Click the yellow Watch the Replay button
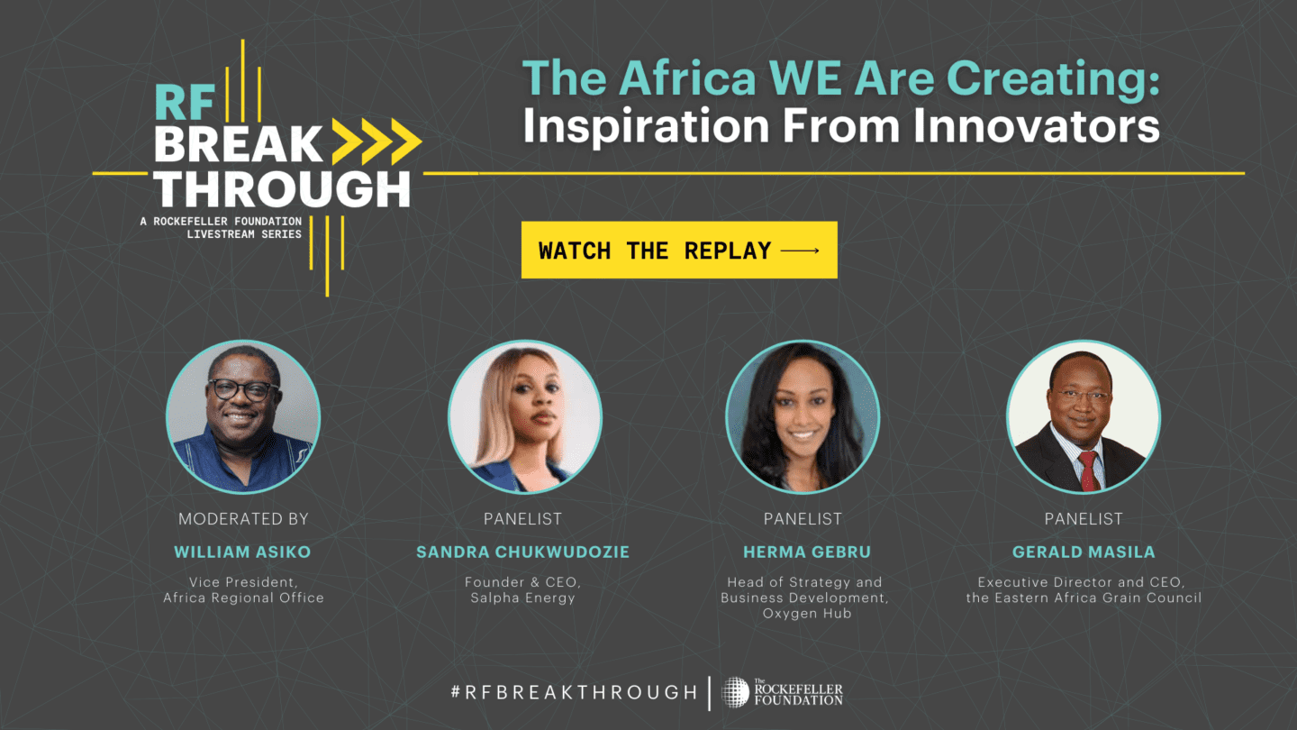pyautogui.click(x=679, y=250)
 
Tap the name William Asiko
pyautogui.click(x=242, y=552)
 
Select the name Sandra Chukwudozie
pyautogui.click(x=522, y=552)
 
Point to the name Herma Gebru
pyautogui.click(x=807, y=552)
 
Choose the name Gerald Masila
pyautogui.click(x=1084, y=552)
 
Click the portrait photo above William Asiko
pyautogui.click(x=243, y=416)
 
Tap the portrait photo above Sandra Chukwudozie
pyautogui.click(x=524, y=416)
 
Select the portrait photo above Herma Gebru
pyautogui.click(x=803, y=416)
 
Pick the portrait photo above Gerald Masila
pyautogui.click(x=1084, y=416)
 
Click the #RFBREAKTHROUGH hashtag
pyautogui.click(x=574, y=692)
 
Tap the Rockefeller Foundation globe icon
pyautogui.click(x=735, y=692)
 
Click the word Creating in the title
pyautogui.click(x=1053, y=79)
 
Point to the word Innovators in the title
pyautogui.click(x=1037, y=126)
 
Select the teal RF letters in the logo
pyautogui.click(x=185, y=103)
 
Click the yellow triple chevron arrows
pyautogui.click(x=376, y=141)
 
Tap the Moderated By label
pyautogui.click(x=243, y=519)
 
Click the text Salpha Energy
pyautogui.click(x=522, y=598)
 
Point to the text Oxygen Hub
pyautogui.click(x=807, y=614)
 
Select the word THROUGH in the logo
pyautogui.click(x=282, y=189)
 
